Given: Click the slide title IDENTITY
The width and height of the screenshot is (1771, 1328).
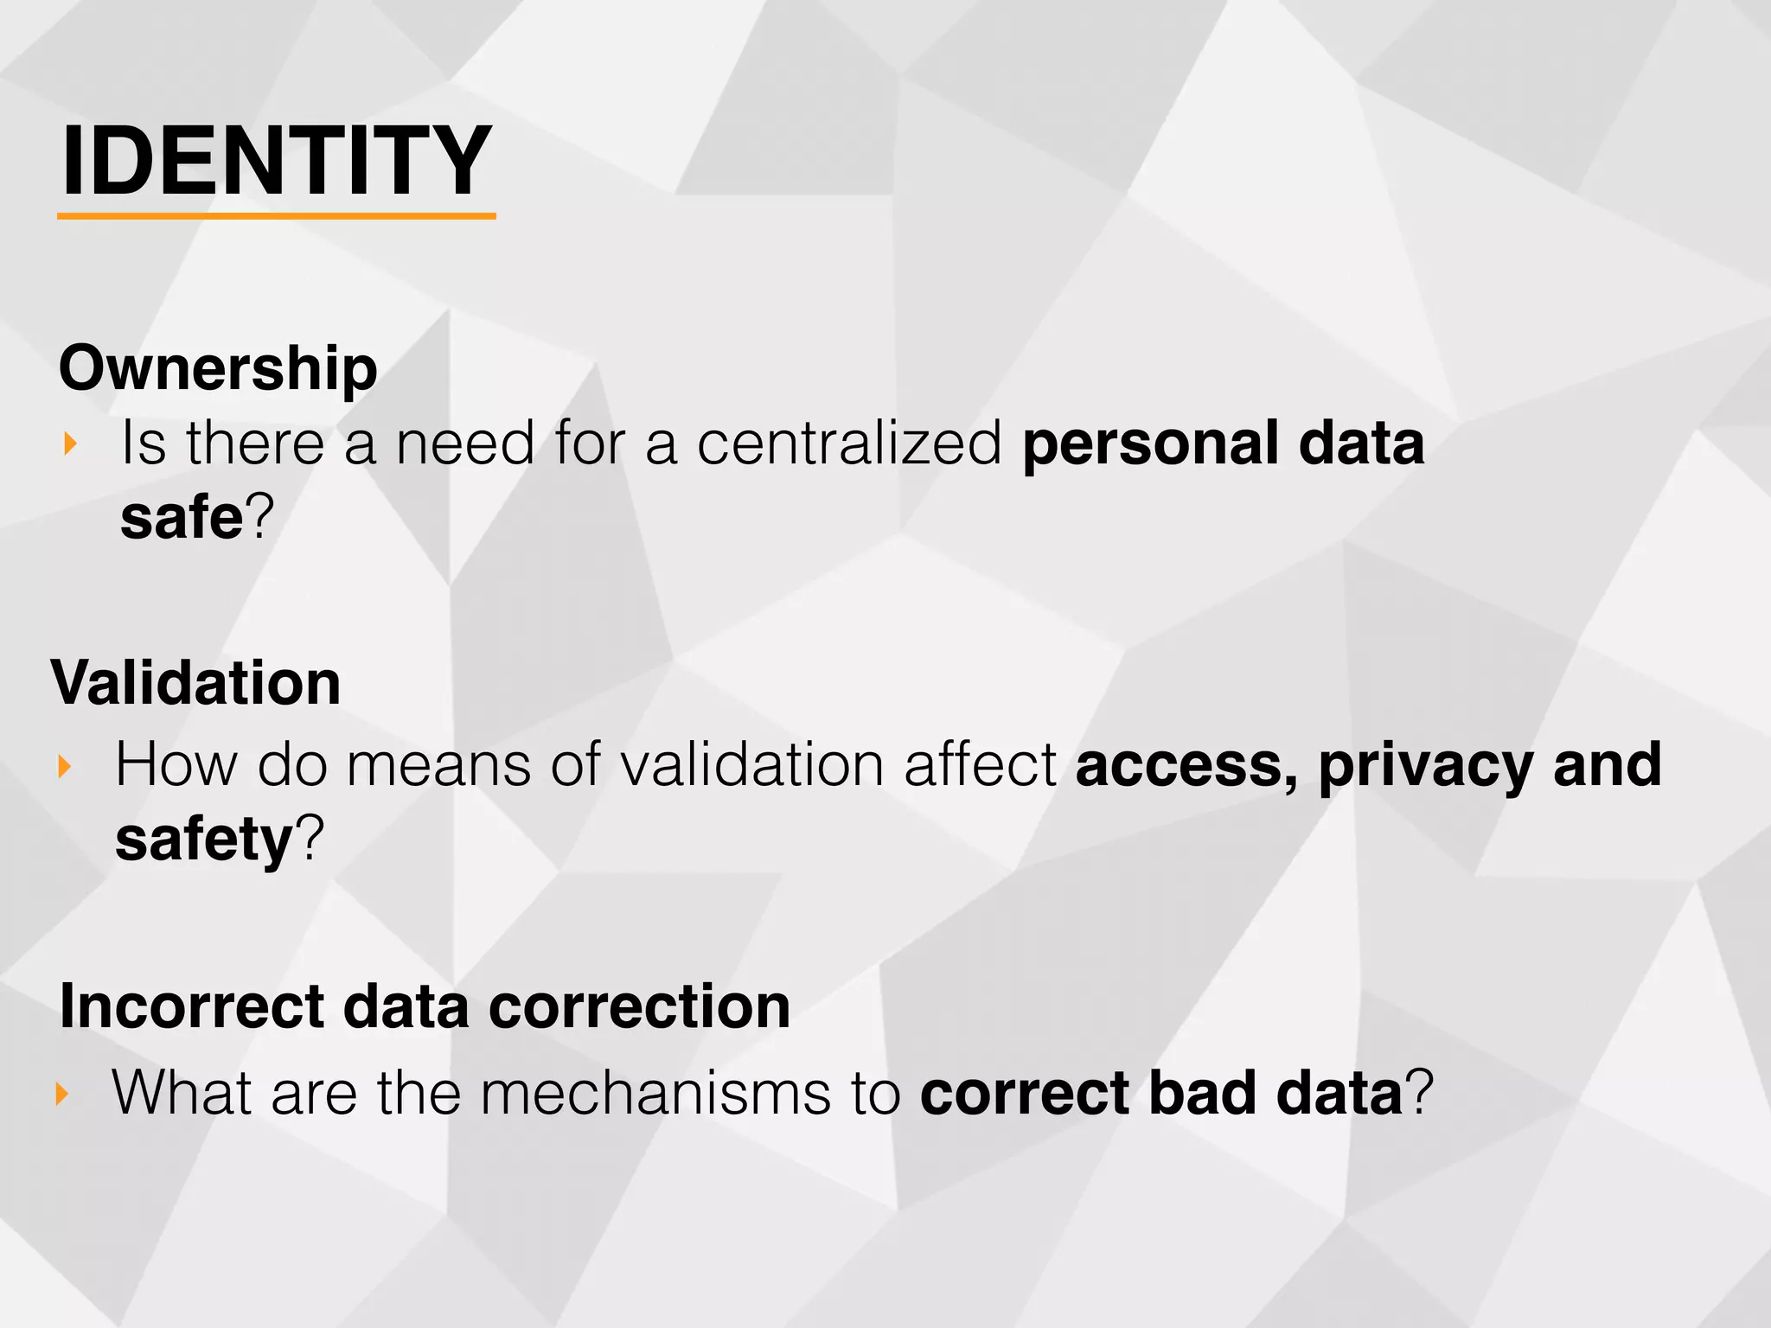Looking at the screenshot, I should (x=277, y=161).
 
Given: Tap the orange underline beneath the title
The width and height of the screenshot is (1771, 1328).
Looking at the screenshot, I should (x=277, y=216).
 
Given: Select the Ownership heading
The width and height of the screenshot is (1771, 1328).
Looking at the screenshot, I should (x=218, y=368).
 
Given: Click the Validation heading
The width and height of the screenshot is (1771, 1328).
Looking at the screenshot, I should (x=196, y=683).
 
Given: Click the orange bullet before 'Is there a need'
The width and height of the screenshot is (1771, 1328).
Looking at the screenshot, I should (x=71, y=444).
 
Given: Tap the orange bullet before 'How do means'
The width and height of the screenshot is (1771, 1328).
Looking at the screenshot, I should (x=64, y=766).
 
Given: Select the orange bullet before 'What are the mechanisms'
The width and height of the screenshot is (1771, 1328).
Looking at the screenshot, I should (x=61, y=1094).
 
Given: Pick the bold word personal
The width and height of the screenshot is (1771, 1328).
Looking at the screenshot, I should (x=1150, y=445).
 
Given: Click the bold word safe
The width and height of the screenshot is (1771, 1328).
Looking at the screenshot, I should (x=182, y=518).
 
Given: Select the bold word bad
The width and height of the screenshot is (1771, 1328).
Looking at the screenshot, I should (x=1203, y=1094).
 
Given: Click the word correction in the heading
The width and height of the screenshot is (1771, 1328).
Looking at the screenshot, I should (x=639, y=1007).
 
